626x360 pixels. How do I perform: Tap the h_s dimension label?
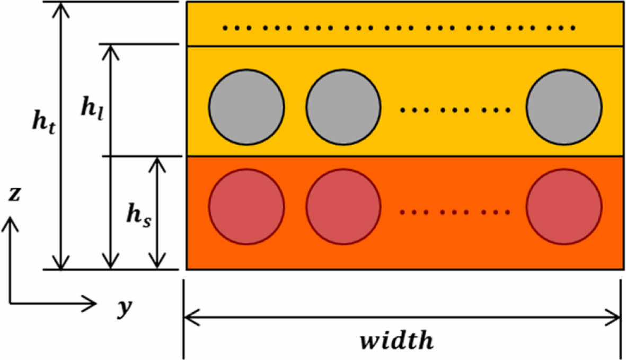pos(139,216)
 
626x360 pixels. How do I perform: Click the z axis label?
pos(15,196)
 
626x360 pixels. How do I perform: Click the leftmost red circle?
pos(246,206)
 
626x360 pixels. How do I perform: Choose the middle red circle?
pos(343,206)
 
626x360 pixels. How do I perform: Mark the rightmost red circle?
pos(564,206)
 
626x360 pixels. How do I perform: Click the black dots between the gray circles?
pos(455,111)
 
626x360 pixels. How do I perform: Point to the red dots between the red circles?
pos(455,213)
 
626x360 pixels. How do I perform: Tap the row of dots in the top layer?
pos(399,28)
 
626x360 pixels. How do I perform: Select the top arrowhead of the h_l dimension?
pos(111,50)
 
